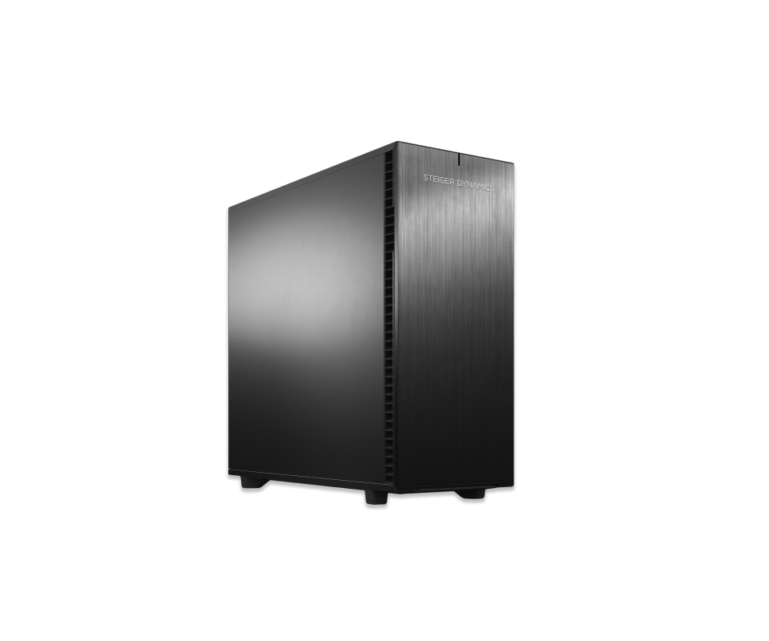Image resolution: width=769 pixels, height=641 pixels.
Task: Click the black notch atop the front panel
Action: (x=458, y=159)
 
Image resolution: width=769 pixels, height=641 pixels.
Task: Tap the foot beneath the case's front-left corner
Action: (x=376, y=498)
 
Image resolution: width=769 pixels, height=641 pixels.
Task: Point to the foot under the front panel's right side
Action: (x=469, y=493)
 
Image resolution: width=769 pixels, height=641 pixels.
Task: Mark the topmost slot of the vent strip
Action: (x=389, y=154)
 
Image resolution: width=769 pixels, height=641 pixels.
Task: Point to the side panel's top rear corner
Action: (x=229, y=208)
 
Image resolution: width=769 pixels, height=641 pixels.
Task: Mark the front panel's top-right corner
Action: (x=514, y=163)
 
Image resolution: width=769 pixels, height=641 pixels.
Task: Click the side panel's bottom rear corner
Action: (x=229, y=472)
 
